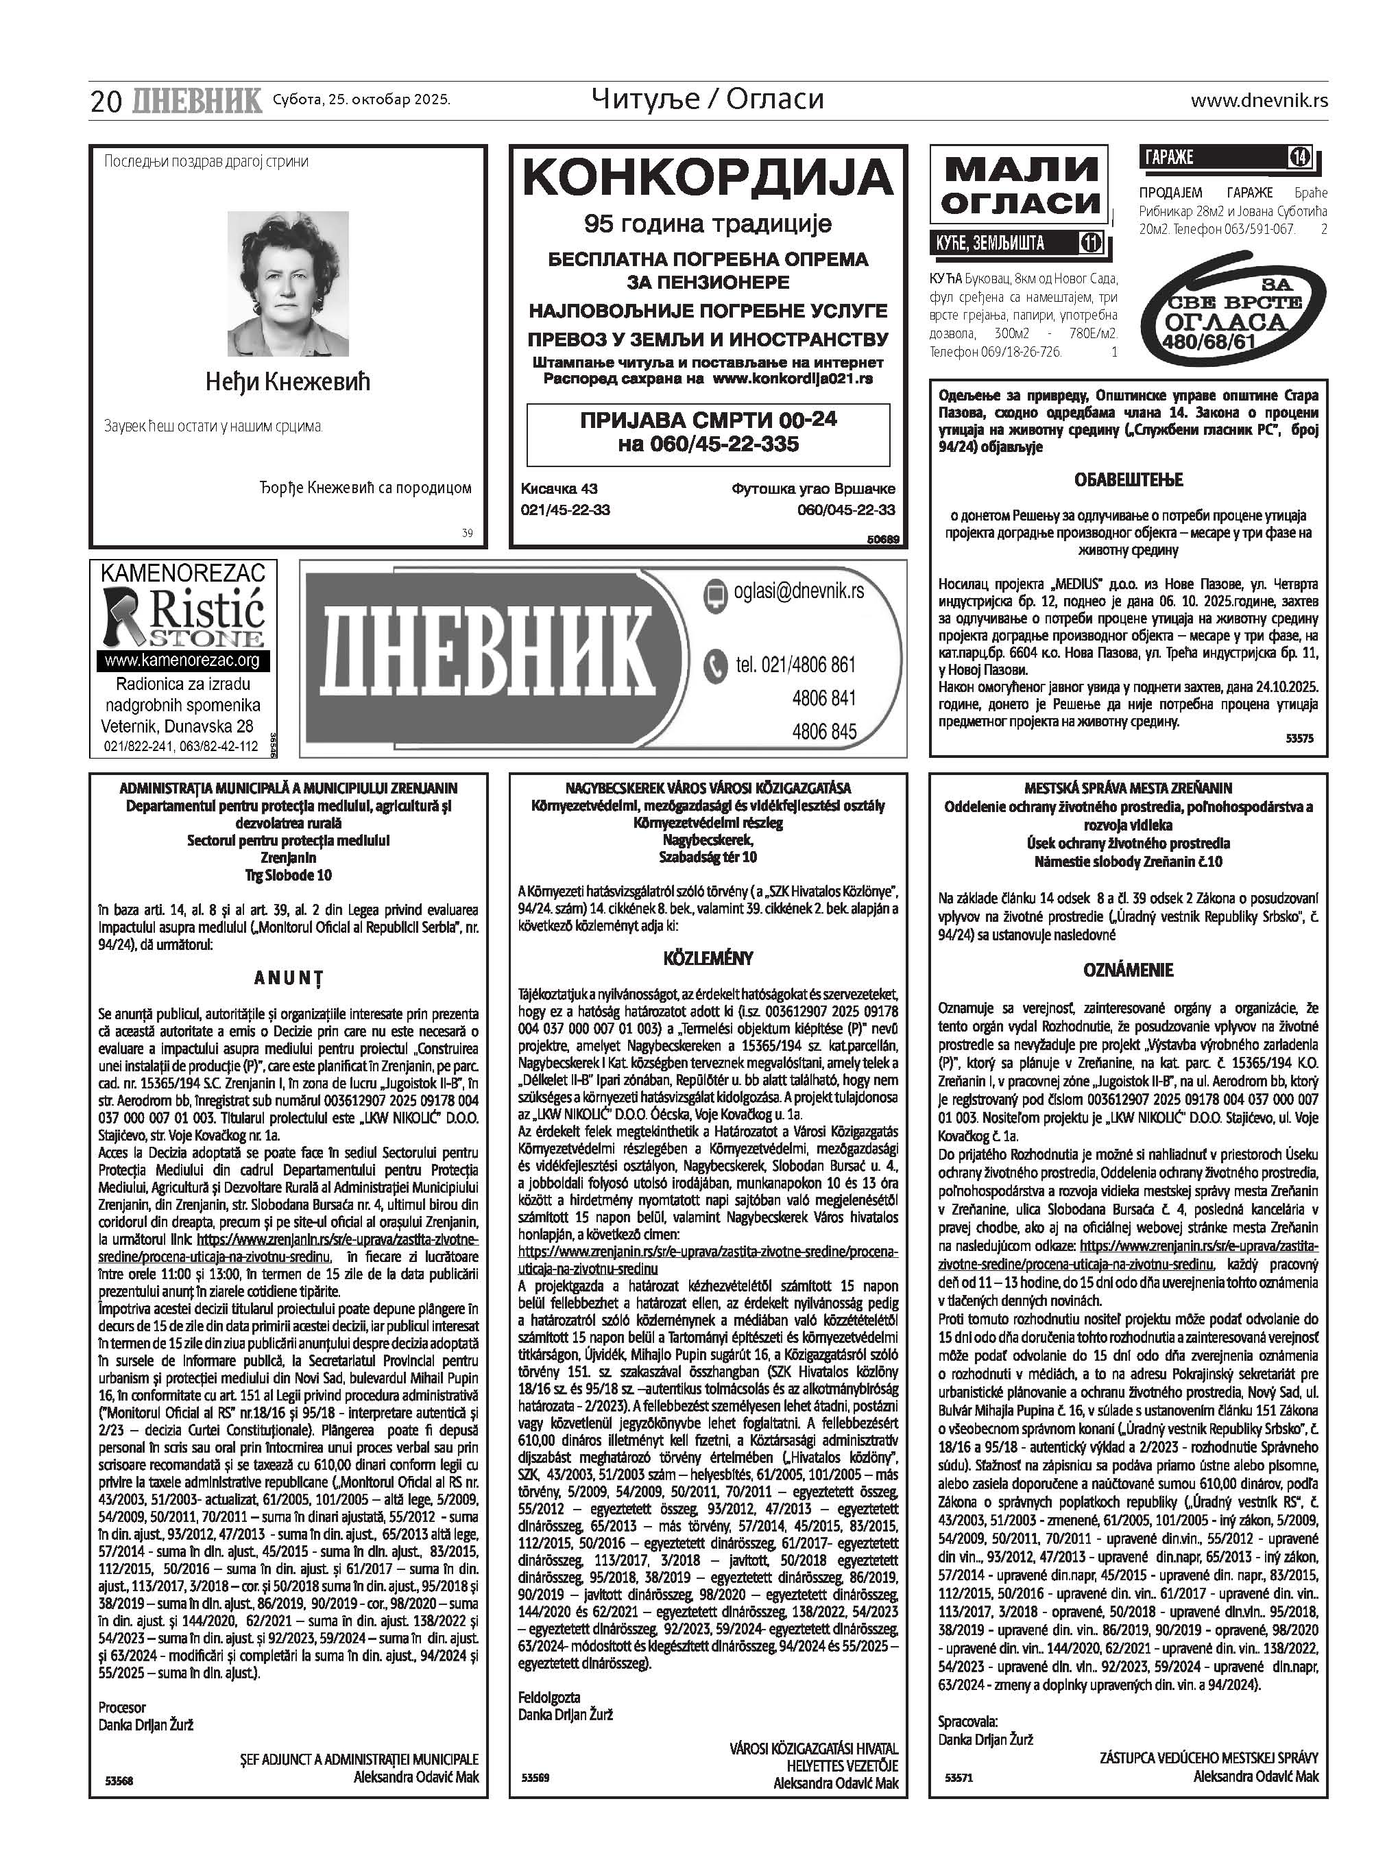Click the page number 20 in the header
point(106,102)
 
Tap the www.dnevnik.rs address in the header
point(1258,101)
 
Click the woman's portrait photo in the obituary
point(288,284)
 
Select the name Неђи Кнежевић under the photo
point(288,382)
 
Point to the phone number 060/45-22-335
point(708,444)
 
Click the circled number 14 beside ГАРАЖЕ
point(1299,156)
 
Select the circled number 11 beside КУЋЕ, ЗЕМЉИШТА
point(1090,243)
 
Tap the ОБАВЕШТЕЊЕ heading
point(1129,480)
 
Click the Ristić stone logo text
point(206,612)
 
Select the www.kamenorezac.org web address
point(183,660)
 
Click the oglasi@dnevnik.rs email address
point(799,591)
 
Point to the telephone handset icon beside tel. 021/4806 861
point(715,665)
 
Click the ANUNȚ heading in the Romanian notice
point(288,978)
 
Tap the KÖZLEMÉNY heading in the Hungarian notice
point(708,958)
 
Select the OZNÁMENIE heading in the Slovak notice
point(1129,970)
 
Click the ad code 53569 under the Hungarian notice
point(535,1778)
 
